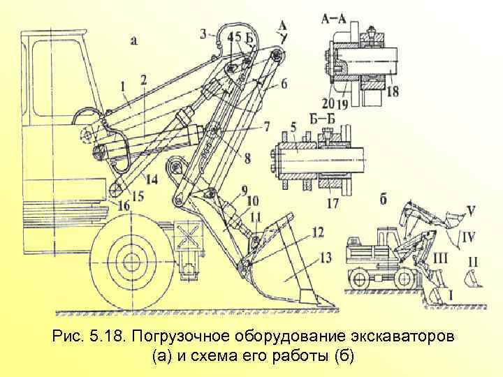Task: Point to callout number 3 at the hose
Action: (x=203, y=33)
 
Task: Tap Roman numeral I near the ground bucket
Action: (x=450, y=296)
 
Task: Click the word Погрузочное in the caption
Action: (x=176, y=337)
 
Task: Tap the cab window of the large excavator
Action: (x=54, y=77)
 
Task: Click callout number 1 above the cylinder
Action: (x=123, y=87)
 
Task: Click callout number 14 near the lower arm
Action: (x=151, y=179)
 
